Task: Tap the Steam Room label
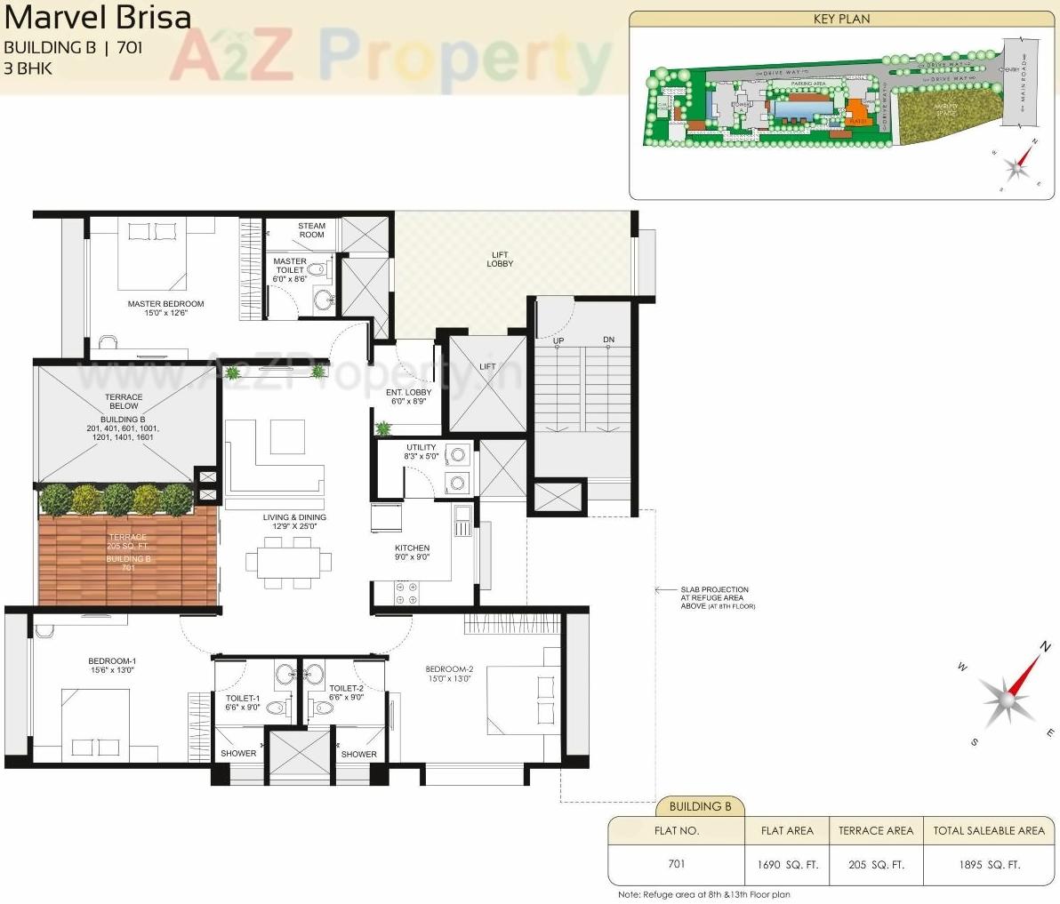point(311,230)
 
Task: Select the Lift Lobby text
point(500,259)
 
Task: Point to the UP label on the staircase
point(558,340)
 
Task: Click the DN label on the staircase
point(608,340)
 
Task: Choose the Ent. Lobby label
point(408,396)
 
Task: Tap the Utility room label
point(421,452)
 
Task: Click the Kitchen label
point(412,552)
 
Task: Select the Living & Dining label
point(294,521)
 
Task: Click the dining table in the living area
point(290,562)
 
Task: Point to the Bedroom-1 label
point(112,665)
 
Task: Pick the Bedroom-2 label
point(449,674)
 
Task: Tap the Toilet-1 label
point(243,702)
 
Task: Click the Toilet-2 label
point(346,692)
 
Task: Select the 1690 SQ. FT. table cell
point(787,864)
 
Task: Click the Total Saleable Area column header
point(988,830)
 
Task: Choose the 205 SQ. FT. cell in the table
point(875,864)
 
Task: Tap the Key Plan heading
point(841,19)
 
